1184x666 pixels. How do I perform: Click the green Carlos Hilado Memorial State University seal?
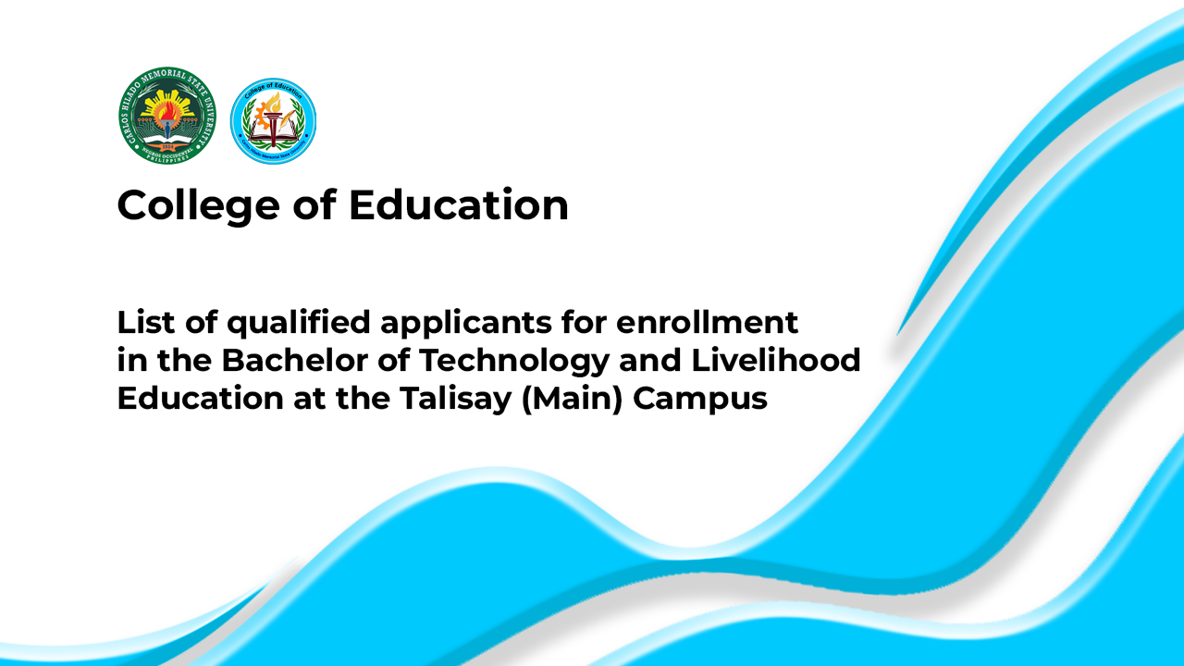167,116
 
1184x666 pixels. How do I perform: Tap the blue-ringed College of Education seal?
273,121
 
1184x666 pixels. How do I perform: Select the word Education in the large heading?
459,204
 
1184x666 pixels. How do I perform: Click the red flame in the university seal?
167,111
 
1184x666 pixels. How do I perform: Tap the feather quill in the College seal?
288,117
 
